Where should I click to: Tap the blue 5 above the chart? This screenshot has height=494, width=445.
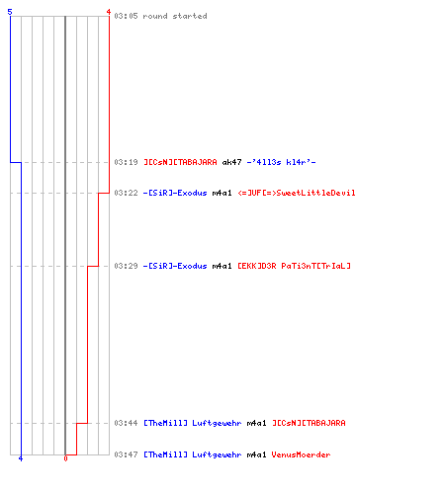[10, 12]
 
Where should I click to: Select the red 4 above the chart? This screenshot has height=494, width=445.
[109, 12]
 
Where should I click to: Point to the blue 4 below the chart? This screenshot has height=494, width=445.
[21, 458]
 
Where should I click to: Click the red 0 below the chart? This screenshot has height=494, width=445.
[65, 458]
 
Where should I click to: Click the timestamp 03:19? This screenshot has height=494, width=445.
[126, 162]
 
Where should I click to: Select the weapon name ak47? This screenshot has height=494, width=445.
[231, 162]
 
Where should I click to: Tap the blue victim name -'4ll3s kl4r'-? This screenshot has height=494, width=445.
[281, 162]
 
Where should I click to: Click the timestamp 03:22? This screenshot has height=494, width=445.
[126, 193]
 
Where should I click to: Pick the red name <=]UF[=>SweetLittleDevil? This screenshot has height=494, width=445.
[297, 193]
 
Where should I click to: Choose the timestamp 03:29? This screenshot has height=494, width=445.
[126, 266]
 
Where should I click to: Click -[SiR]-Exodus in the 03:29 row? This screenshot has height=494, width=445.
[175, 266]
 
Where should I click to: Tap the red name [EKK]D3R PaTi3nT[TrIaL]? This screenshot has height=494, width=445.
[294, 266]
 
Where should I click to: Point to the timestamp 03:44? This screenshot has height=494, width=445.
[126, 423]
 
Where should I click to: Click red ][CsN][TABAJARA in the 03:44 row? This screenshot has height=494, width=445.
[309, 423]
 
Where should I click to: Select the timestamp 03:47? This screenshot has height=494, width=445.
[126, 454]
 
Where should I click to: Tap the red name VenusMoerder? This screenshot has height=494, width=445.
[301, 454]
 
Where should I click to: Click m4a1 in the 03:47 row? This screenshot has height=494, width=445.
[256, 454]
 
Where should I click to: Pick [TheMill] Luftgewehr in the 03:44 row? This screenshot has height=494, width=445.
[193, 423]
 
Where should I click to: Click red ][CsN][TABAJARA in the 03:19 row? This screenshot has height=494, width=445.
[180, 162]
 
